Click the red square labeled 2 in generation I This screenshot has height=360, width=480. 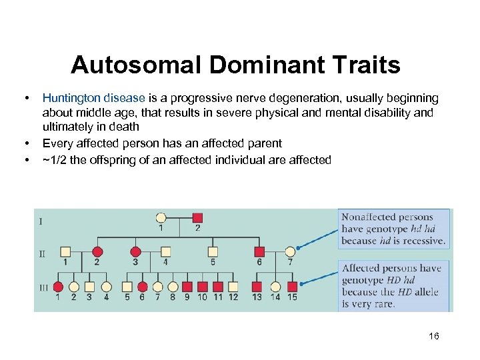tap(197, 217)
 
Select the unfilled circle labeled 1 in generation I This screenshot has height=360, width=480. tap(161, 217)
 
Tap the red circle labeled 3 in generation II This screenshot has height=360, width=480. tap(135, 251)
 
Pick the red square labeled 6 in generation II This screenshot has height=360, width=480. tap(259, 251)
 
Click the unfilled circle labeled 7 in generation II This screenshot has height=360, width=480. tap(289, 251)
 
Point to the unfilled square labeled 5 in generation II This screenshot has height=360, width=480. tap(213, 251)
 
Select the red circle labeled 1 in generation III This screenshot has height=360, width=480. tap(58, 287)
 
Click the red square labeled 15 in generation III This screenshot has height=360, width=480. tap(292, 287)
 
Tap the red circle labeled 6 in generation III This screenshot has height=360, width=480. tap(142, 287)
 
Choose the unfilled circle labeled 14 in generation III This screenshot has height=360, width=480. tap(275, 287)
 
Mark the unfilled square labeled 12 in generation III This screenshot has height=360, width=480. tap(233, 287)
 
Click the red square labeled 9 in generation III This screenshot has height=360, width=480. tap(187, 287)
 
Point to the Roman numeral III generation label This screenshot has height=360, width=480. tap(43, 287)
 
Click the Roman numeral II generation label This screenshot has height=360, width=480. tap(42, 253)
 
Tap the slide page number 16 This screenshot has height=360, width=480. tap(434, 336)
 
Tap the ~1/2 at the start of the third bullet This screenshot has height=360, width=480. tap(53, 159)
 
